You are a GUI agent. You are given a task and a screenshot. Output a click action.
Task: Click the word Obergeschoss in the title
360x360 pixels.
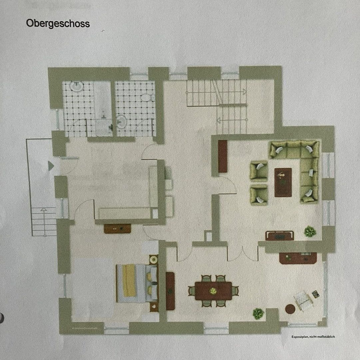(57, 24)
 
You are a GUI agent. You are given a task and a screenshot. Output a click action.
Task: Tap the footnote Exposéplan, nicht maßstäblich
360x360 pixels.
(313, 337)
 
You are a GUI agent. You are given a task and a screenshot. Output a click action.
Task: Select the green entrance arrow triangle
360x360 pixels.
(51, 166)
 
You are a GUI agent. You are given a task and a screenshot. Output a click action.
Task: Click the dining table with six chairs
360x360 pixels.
(213, 291)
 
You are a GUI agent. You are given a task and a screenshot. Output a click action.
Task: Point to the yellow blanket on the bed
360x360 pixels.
(129, 281)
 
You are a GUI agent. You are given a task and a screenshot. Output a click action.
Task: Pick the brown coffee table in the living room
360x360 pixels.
(283, 182)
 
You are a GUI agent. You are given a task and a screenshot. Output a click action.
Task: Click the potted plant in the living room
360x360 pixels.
(310, 231)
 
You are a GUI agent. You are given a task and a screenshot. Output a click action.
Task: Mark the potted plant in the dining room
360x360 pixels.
(258, 313)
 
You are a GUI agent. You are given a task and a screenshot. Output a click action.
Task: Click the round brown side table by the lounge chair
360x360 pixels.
(290, 309)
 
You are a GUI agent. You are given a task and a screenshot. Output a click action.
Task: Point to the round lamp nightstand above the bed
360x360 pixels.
(154, 259)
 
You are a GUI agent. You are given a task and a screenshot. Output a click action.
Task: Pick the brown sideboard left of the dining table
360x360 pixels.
(170, 291)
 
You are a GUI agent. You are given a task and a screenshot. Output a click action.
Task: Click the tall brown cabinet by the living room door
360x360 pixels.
(222, 156)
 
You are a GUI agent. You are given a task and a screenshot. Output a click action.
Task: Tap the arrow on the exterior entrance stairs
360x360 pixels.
(44, 210)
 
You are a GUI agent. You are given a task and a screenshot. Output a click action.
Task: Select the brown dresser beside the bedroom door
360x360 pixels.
(117, 228)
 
